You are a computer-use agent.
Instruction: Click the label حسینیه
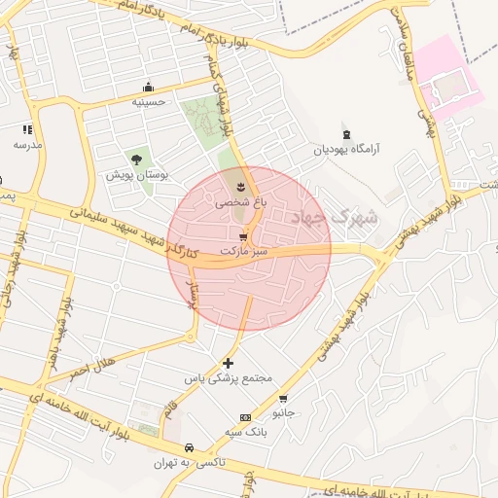pos(149,100)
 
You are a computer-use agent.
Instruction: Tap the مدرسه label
pos(27,144)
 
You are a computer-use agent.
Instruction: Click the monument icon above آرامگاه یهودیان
pos(346,134)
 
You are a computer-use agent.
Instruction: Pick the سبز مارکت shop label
pos(243,251)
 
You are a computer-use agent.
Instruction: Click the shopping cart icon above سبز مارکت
pos(242,236)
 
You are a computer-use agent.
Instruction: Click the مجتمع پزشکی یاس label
pos(231,377)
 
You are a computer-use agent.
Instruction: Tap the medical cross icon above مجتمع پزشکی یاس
pos(229,363)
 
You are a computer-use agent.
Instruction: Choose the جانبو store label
pos(283,412)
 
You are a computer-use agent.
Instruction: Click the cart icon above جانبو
pos(283,398)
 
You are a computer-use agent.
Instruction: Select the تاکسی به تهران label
pos(189,463)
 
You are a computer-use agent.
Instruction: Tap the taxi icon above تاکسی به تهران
pos(188,448)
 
